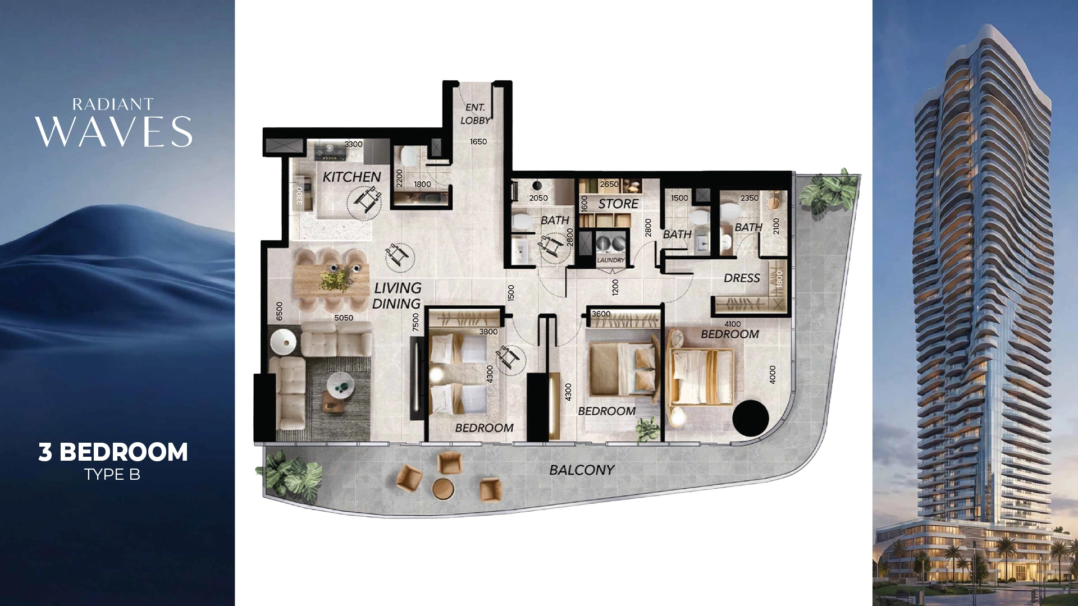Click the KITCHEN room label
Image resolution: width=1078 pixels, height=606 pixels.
point(351,177)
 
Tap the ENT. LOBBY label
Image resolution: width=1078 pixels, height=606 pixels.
point(475,114)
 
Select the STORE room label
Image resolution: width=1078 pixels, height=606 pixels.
point(618,204)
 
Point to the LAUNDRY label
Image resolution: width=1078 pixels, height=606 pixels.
point(610,260)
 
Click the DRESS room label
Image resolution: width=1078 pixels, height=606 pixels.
point(742,278)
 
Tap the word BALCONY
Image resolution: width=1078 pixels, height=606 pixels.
point(582,470)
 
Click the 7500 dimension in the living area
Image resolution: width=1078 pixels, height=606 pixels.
point(415,322)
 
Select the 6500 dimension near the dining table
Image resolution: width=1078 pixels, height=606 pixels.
point(279,311)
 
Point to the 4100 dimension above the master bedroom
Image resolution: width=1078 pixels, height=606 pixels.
point(732,324)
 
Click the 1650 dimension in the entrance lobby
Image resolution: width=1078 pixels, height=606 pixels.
point(478,141)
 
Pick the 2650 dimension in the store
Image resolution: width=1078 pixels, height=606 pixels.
point(609,184)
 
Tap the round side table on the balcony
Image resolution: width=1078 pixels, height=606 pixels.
point(443,489)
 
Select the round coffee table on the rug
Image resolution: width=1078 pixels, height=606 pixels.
point(341,383)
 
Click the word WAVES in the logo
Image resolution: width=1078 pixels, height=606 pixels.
point(114,132)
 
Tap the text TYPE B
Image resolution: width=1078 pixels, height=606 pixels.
point(112,475)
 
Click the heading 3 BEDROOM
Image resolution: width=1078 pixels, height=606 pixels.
point(113,452)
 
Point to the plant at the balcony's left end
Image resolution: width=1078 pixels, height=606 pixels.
point(290,475)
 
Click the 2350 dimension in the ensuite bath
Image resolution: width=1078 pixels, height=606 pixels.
point(749,198)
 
